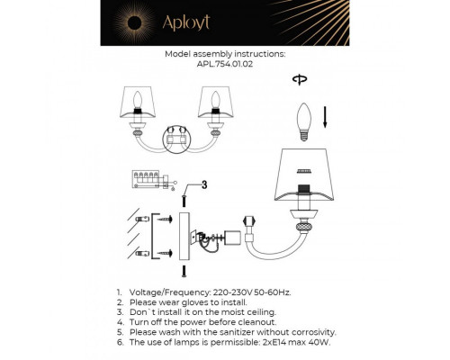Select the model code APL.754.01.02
pos(225,65)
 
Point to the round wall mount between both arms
pos(177,138)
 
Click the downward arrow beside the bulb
pos(324,115)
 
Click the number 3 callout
pos(203,185)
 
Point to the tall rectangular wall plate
pos(185,236)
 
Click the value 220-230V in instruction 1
pos(238,294)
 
